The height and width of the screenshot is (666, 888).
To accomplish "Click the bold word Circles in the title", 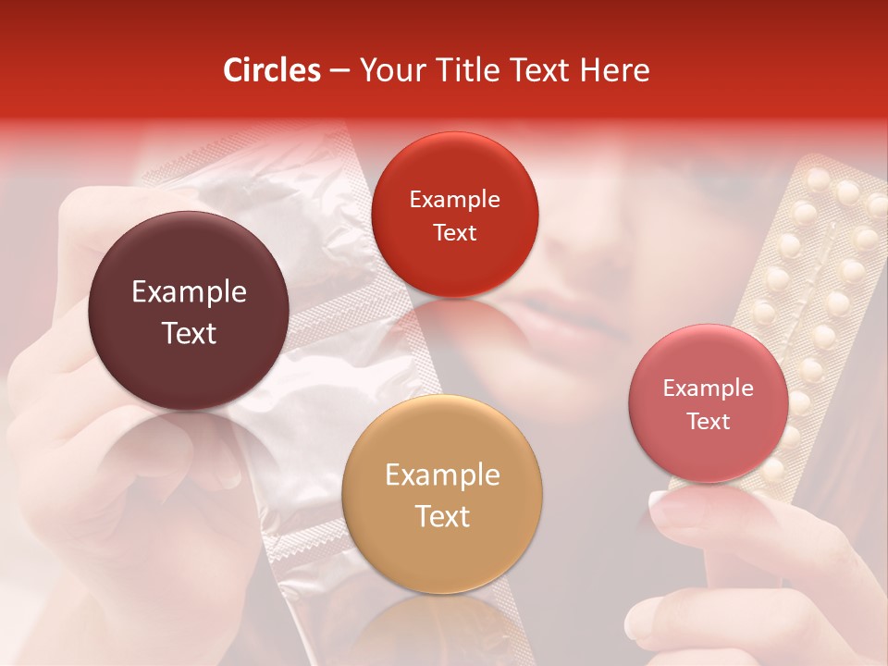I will pyautogui.click(x=272, y=70).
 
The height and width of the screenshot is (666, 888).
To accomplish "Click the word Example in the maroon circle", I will pyautogui.click(x=189, y=292).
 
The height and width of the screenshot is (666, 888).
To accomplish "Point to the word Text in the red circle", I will pyautogui.click(x=454, y=232).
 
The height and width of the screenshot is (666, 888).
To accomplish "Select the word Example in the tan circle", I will pyautogui.click(x=442, y=475).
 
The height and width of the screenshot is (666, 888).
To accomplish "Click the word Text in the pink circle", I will pyautogui.click(x=709, y=422).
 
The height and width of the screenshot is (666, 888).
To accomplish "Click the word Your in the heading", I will pyautogui.click(x=387, y=70).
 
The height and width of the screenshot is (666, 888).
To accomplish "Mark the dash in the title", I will pyautogui.click(x=339, y=71).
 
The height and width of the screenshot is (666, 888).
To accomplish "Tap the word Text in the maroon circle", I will pyautogui.click(x=189, y=334).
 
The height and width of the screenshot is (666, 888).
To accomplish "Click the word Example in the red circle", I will pyautogui.click(x=454, y=200).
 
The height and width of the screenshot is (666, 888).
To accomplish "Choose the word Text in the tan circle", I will pyautogui.click(x=443, y=516).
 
